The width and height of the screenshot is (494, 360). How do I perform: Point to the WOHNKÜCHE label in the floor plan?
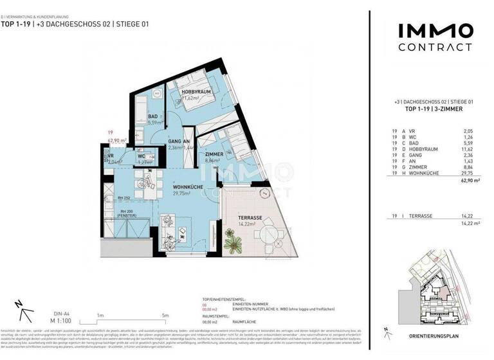(x=187, y=187)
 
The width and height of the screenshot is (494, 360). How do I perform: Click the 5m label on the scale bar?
(x=165, y=315)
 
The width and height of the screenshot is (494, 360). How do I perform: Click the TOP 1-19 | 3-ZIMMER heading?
(x=434, y=110)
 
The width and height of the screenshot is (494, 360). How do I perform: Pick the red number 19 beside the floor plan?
(x=110, y=133)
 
